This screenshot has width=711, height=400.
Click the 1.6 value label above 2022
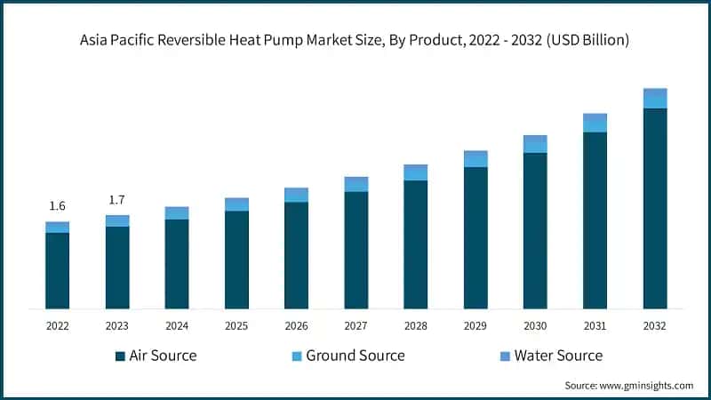(57, 206)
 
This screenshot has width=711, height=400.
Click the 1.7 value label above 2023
(116, 200)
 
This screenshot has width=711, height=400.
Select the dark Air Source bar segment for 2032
(655, 208)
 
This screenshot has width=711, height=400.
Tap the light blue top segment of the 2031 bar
(595, 123)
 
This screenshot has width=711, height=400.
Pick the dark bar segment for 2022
(57, 270)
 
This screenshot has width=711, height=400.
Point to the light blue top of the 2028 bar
(415, 172)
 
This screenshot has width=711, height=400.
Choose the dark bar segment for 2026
(296, 255)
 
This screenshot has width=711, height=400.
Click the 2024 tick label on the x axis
(177, 326)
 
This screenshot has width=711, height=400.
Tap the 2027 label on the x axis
(355, 326)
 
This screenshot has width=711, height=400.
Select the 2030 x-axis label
(535, 326)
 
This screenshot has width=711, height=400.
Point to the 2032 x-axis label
(655, 326)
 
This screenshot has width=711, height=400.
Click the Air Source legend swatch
(120, 356)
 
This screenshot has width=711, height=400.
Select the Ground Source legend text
(355, 356)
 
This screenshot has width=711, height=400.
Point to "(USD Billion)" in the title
(587, 40)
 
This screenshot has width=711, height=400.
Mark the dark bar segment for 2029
(475, 237)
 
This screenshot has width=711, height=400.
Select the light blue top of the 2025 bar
(236, 204)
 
